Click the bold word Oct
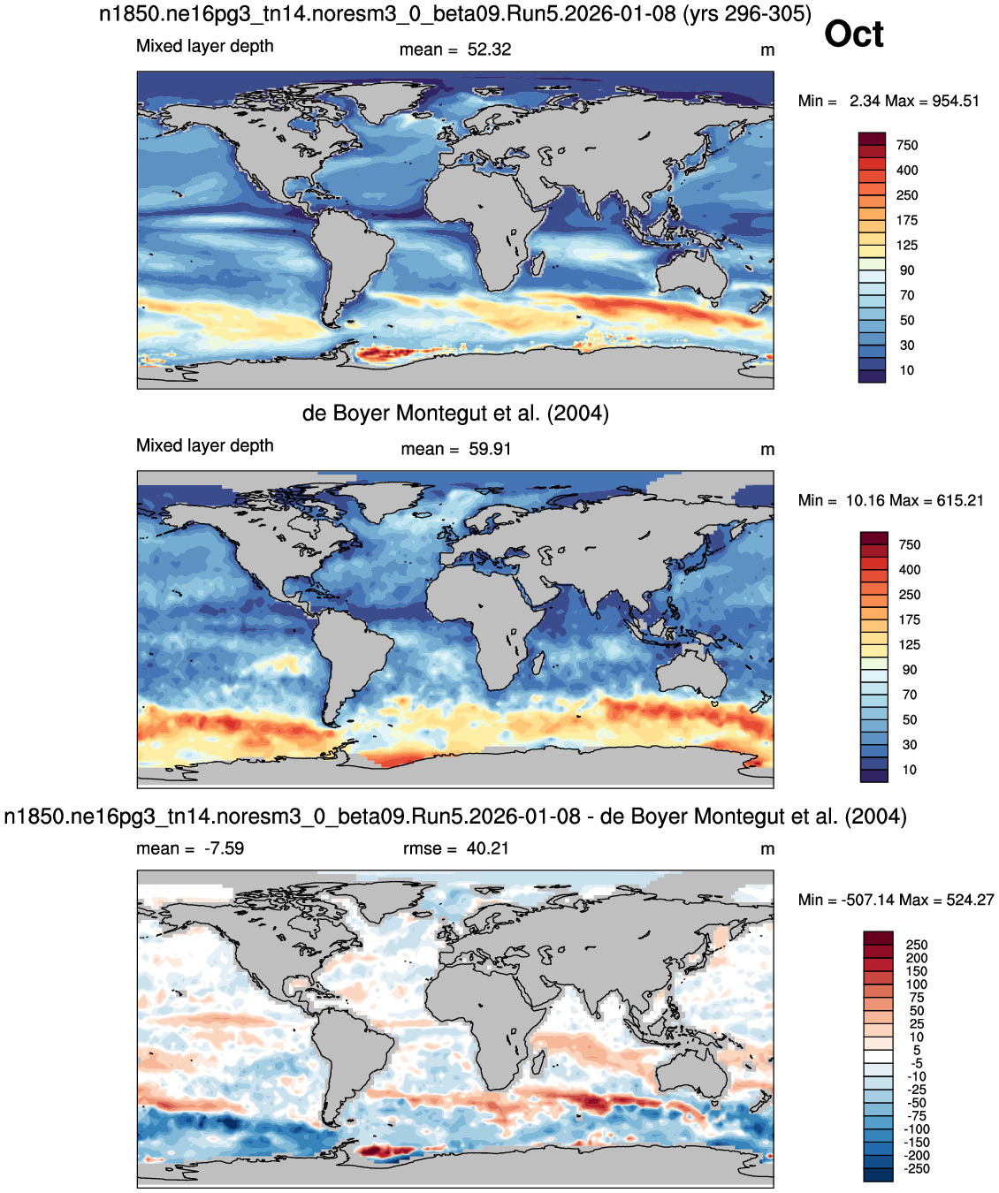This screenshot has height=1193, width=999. pyautogui.click(x=853, y=34)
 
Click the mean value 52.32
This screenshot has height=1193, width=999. pyautogui.click(x=489, y=49)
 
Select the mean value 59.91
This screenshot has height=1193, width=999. pyautogui.click(x=490, y=449)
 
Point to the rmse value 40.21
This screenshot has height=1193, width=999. pyautogui.click(x=487, y=848)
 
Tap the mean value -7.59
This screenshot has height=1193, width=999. pyautogui.click(x=224, y=848)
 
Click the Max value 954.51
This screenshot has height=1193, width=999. pyautogui.click(x=956, y=101)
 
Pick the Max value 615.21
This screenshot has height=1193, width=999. pyautogui.click(x=960, y=500)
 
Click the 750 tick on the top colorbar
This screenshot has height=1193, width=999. pyautogui.click(x=907, y=145)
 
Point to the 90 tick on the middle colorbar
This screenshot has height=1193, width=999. pyautogui.click(x=910, y=670)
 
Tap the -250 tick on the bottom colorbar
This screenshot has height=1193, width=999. pyautogui.click(x=916, y=1168)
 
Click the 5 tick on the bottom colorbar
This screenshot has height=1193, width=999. pyautogui.click(x=917, y=1050)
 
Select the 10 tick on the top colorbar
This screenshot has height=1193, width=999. pyautogui.click(x=907, y=370)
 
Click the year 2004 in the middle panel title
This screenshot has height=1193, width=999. pyautogui.click(x=578, y=413)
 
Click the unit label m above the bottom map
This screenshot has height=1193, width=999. pyautogui.click(x=767, y=849)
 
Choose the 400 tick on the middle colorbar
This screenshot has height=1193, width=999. pyautogui.click(x=910, y=570)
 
